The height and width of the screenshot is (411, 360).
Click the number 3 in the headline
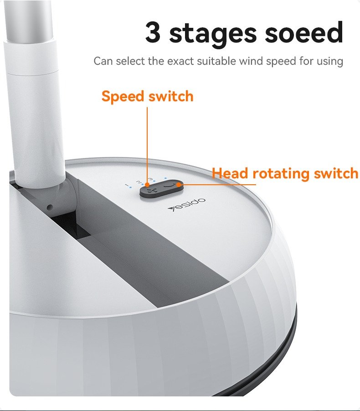pyautogui.click(x=153, y=32)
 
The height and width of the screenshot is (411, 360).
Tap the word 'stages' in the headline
pyautogui.click(x=212, y=35)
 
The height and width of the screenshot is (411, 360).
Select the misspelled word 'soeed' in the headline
pyautogui.click(x=303, y=32)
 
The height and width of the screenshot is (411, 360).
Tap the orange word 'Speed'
pyautogui.click(x=123, y=96)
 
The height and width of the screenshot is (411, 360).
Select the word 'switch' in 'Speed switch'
pyautogui.click(x=171, y=96)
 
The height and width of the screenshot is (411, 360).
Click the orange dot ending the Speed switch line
pyautogui.click(x=147, y=185)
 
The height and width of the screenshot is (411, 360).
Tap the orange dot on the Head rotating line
pyautogui.click(x=179, y=185)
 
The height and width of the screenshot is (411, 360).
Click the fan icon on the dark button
pyautogui.click(x=150, y=191)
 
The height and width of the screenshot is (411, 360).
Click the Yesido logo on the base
pyautogui.click(x=186, y=204)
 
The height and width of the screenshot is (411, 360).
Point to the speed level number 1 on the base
pyautogui.click(x=127, y=185)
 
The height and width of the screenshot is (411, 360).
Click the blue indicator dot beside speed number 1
pyautogui.click(x=130, y=187)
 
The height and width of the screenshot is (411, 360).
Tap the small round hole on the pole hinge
pyautogui.click(x=50, y=208)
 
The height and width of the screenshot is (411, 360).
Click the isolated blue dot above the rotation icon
pyautogui.click(x=165, y=178)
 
